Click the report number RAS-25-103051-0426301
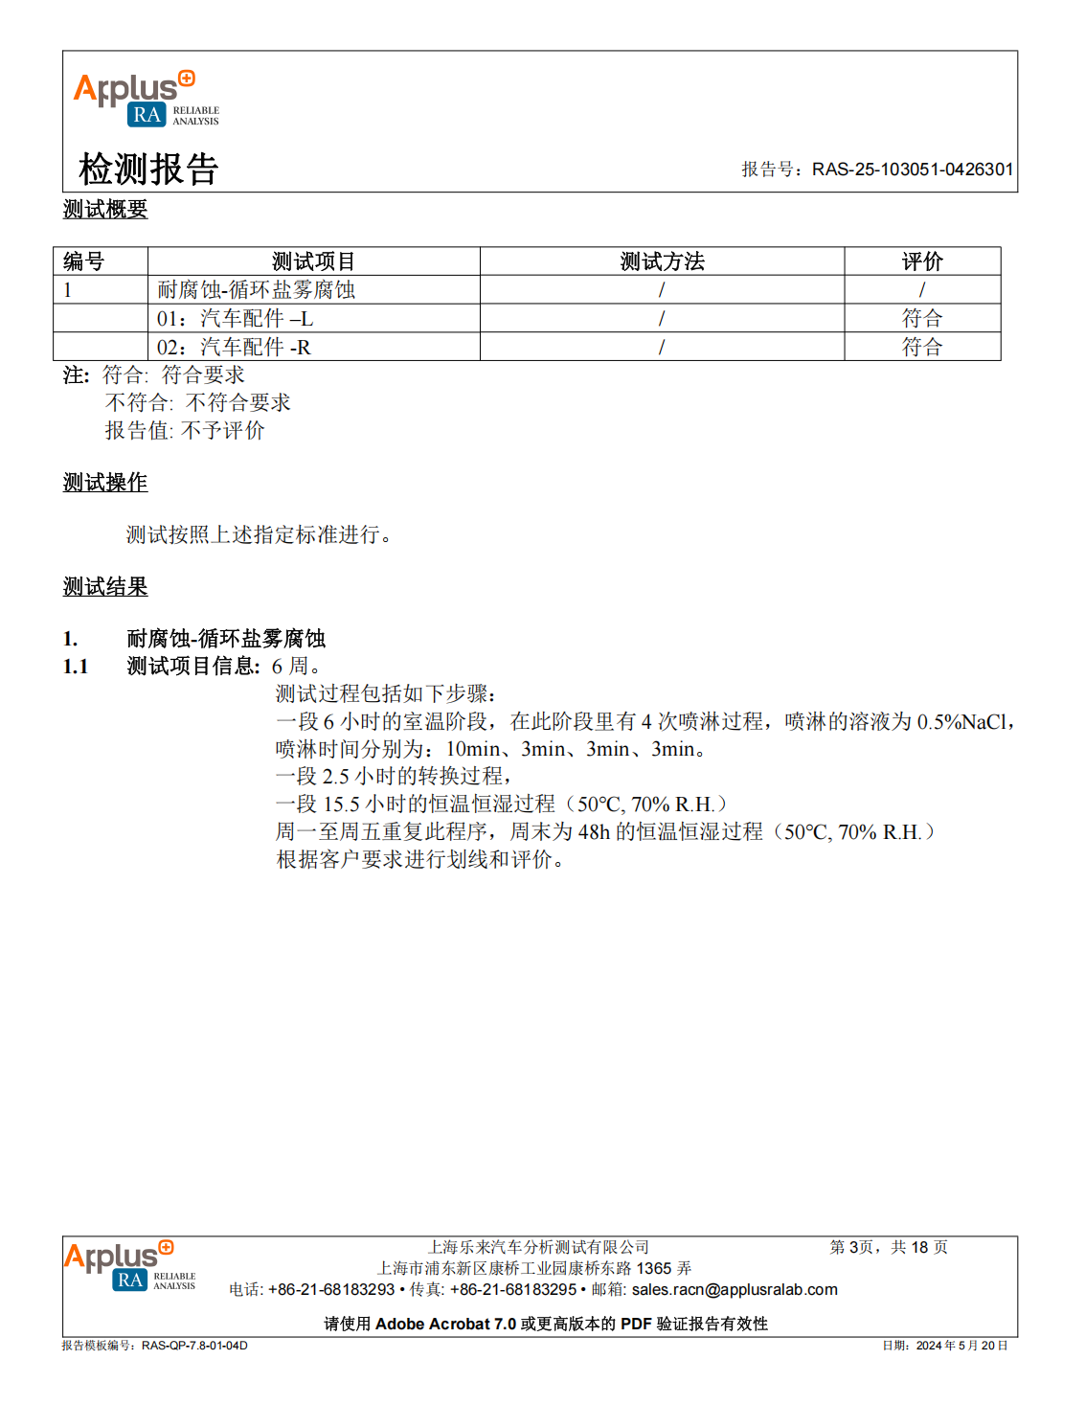[912, 170]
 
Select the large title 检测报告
[148, 169]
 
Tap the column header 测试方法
[662, 261]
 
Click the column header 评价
[922, 261]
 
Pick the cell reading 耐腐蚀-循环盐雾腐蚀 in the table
[256, 289]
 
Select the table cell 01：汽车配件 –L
[235, 318]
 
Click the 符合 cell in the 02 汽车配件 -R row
[922, 347]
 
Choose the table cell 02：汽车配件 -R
[234, 347]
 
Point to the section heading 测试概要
[105, 209]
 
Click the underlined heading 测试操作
[105, 483]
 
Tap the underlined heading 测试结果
[105, 587]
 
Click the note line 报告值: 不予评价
[184, 431]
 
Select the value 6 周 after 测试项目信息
[293, 666]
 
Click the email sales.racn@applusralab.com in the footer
[735, 1290]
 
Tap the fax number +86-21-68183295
[513, 1290]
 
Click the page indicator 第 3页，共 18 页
[889, 1247]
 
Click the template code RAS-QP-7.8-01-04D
[194, 1346]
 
